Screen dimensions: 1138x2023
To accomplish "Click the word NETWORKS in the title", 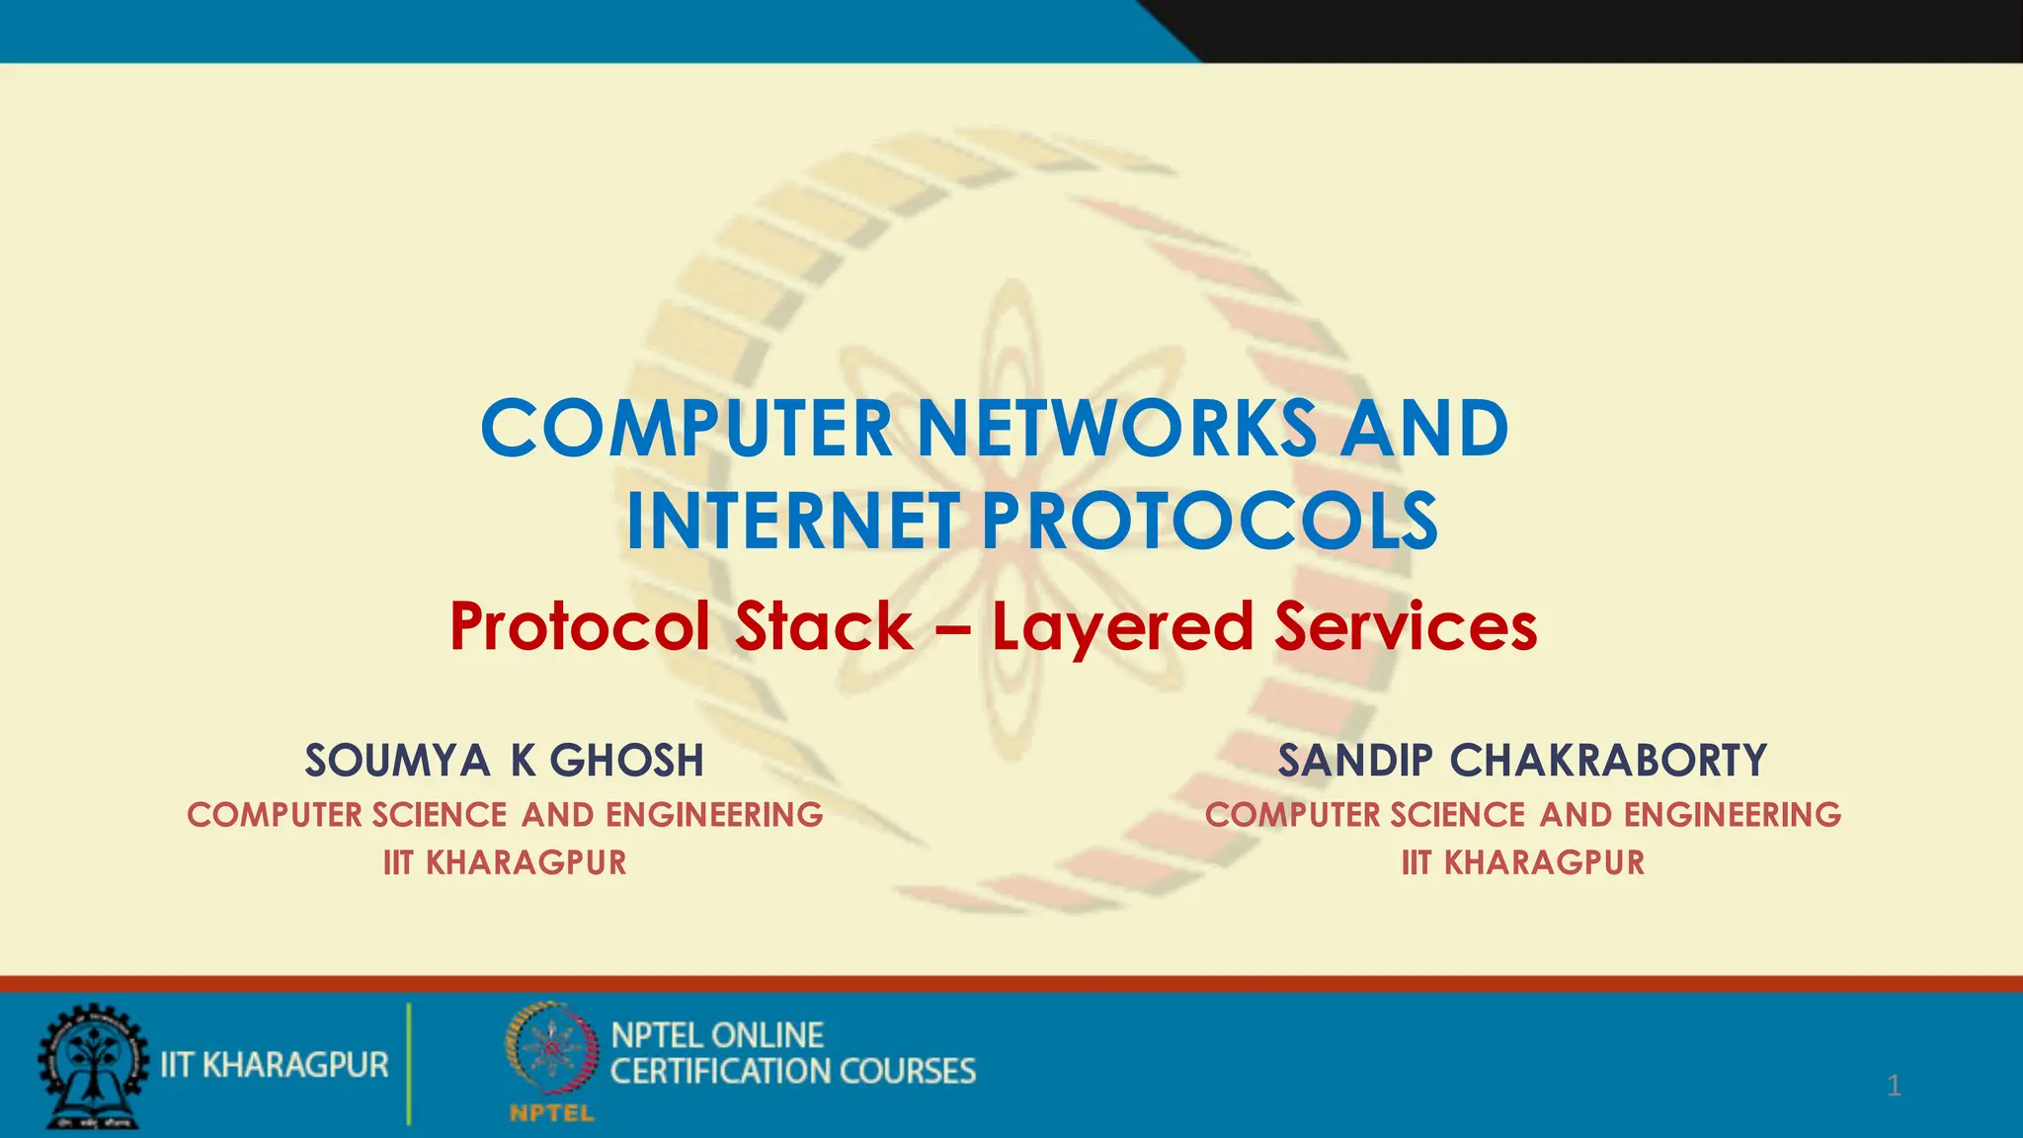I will pyautogui.click(x=1116, y=429).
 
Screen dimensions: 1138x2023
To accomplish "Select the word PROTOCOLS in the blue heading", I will pyautogui.click(x=1210, y=522).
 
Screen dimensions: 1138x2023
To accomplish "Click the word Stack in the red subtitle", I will pyautogui.click(x=824, y=626).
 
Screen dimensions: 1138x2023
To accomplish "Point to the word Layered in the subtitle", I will pyautogui.click(x=1122, y=628).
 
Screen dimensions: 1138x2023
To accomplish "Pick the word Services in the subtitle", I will pyautogui.click(x=1406, y=626).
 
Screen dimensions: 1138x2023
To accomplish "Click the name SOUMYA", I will pyautogui.click(x=396, y=761).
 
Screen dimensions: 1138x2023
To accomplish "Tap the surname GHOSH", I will pyautogui.click(x=626, y=761).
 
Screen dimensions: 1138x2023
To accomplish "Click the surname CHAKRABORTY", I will pyautogui.click(x=1608, y=761).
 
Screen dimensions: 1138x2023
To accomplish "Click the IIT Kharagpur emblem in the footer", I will pyautogui.click(x=93, y=1066).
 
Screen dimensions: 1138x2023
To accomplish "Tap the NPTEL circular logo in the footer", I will pyautogui.click(x=551, y=1048).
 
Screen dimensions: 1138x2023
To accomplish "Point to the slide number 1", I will pyautogui.click(x=1894, y=1086).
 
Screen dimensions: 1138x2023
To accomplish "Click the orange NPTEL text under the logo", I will pyautogui.click(x=551, y=1113).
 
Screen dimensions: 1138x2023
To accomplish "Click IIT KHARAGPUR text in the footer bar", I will pyautogui.click(x=275, y=1065).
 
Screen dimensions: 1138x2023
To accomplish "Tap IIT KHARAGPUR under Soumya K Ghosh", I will pyautogui.click(x=505, y=862).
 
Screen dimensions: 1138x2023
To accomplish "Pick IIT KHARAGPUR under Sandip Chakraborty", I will pyautogui.click(x=1523, y=862).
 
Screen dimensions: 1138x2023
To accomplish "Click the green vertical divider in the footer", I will pyautogui.click(x=409, y=1064).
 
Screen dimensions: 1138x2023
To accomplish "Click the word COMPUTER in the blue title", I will pyautogui.click(x=687, y=429).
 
